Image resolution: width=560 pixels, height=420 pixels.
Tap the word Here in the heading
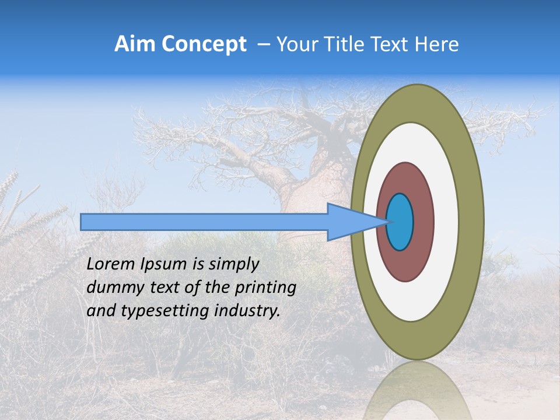[437, 44]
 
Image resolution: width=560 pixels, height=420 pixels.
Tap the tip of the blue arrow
[385, 222]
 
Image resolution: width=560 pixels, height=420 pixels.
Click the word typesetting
[156, 311]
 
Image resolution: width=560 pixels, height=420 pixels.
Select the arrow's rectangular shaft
[204, 222]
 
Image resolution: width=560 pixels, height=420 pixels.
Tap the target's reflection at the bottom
[418, 391]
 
